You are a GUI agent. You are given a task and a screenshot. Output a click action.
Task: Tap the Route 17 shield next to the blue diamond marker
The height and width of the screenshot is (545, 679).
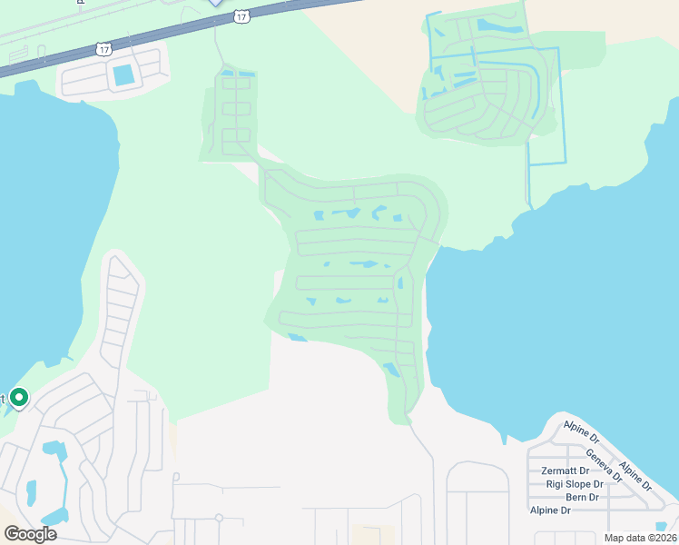(241, 15)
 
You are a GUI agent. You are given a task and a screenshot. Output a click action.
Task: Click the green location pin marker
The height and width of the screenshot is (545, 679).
(18, 398)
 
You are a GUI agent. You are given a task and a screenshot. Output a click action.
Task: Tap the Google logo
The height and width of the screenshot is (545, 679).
(30, 534)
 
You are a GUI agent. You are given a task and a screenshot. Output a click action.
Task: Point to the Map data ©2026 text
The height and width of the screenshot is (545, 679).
(639, 538)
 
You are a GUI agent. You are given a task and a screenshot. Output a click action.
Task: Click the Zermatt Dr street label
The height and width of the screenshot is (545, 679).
(566, 471)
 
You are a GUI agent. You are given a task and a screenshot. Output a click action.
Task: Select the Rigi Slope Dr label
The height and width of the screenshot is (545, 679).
(572, 484)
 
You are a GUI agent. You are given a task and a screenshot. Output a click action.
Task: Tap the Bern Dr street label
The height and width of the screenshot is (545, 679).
(582, 497)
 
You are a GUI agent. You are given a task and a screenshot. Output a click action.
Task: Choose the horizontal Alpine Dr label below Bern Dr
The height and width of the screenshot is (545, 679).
(551, 510)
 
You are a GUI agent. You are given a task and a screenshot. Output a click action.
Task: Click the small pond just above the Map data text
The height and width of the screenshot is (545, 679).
(659, 526)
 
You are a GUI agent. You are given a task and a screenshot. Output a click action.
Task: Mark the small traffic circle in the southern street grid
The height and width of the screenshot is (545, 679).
(219, 518)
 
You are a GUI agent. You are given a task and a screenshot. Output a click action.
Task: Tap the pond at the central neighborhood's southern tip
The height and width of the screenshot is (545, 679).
(391, 370)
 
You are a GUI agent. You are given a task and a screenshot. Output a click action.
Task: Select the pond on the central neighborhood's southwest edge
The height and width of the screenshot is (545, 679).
(297, 338)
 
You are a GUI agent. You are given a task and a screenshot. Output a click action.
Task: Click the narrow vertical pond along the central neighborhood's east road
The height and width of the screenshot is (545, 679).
(399, 283)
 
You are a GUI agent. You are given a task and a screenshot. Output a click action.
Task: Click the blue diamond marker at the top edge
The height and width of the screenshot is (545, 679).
(215, 3)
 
